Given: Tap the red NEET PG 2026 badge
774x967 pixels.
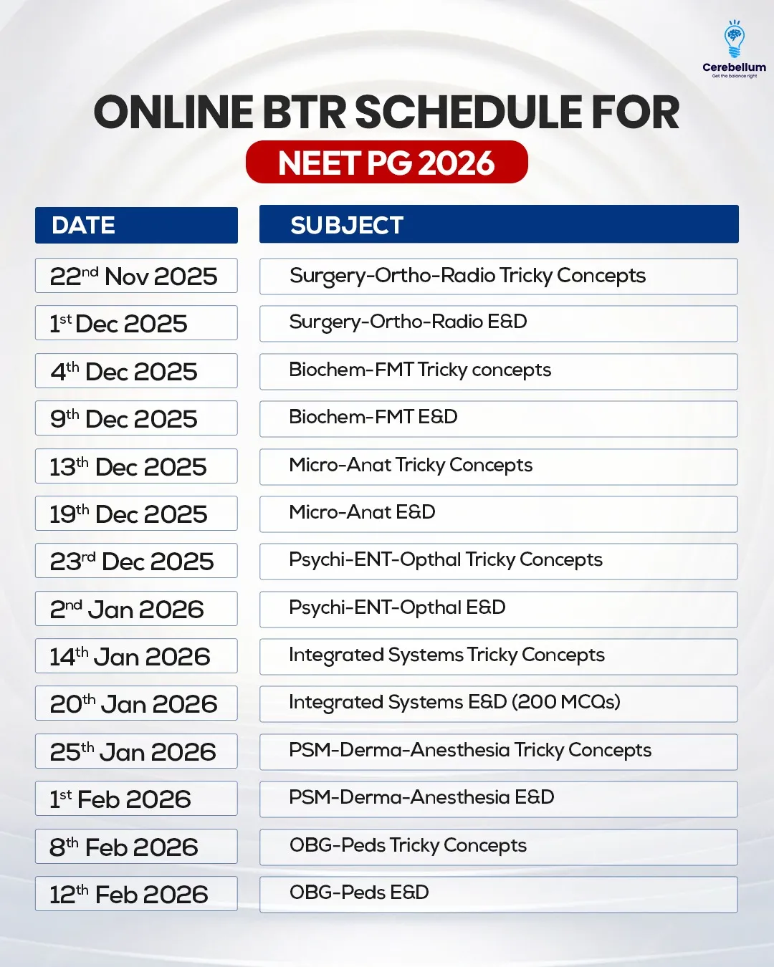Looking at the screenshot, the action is coord(387,162).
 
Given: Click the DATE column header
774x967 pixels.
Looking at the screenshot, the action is coord(136,225).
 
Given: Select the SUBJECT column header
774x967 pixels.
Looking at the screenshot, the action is coord(499,224).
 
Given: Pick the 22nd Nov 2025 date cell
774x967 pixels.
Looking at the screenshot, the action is coord(136,276).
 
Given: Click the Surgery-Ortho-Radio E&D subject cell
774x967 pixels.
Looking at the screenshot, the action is coord(498,324).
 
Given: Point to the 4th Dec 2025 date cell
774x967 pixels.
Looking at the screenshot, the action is coord(136,371).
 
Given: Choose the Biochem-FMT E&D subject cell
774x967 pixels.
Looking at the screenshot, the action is coord(498,419).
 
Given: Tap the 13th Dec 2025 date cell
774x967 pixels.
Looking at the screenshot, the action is coord(136,466).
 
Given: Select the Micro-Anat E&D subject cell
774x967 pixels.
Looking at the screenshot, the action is coord(498,514).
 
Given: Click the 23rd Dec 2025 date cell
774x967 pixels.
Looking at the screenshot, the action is coord(136,561).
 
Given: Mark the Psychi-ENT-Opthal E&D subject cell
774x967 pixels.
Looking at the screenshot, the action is coord(498,610).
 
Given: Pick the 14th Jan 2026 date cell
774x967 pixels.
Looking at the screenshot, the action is coord(136,656).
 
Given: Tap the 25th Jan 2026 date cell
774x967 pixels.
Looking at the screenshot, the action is coord(136,751).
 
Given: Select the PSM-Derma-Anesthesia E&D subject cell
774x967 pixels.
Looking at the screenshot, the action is coord(498,799).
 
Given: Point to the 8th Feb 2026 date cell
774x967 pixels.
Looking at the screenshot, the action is coord(136,847).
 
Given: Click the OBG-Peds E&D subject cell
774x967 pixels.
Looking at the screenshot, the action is coord(498,895).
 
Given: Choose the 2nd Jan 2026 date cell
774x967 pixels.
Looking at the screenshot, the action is coord(136,609).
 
